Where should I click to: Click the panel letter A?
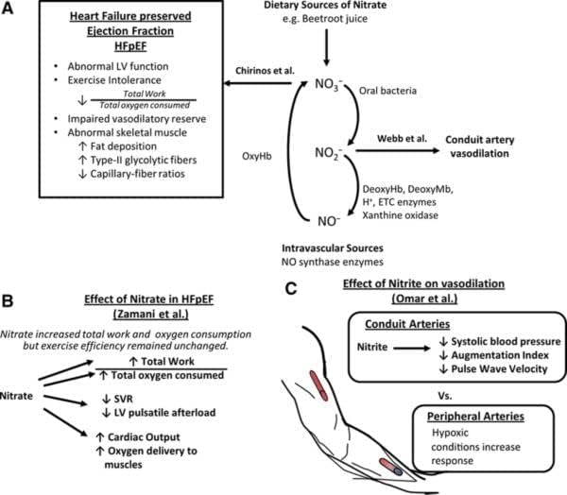tap(8, 9)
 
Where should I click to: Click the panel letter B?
tap(8, 301)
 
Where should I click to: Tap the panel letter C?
tap(291, 288)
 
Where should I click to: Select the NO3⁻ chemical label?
tap(328, 85)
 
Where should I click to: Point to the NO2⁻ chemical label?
tap(328, 154)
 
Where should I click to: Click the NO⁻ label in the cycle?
tap(329, 221)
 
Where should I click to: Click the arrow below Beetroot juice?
tap(327, 47)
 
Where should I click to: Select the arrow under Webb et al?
tap(398, 150)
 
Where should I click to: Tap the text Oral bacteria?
tap(387, 91)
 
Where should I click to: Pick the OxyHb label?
tap(257, 156)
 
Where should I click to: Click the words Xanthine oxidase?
tap(401, 215)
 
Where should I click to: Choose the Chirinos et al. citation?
tap(265, 71)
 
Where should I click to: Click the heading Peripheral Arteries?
tap(475, 417)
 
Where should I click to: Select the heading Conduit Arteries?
tap(407, 324)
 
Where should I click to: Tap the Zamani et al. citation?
tap(151, 315)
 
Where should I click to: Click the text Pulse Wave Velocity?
tap(499, 369)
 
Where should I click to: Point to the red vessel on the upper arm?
tap(318, 385)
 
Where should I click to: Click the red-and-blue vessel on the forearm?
tap(390, 467)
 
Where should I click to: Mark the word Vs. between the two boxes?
tap(445, 396)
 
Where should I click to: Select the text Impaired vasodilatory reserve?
tap(137, 119)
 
